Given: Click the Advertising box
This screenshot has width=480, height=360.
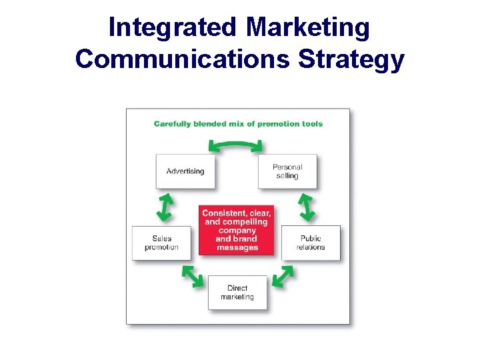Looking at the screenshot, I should tap(185, 171).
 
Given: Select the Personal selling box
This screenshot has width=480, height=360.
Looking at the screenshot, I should tap(287, 171).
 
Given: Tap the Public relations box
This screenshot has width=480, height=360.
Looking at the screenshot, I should tap(311, 243).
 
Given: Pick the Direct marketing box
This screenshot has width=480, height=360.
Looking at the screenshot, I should tap(237, 293).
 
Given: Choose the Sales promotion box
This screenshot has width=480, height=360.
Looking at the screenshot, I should tap(161, 243).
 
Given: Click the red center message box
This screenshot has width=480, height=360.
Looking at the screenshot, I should tap(237, 230).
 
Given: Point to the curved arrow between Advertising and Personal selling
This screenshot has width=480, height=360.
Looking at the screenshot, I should tap(235, 143).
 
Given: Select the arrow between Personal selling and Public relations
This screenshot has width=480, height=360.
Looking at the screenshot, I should tap(307, 207).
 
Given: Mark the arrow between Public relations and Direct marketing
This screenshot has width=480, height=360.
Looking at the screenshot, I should tap(283, 276).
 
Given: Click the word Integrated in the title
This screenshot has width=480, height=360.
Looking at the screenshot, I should tap(172, 28).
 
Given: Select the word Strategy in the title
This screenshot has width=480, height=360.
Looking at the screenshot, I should tap(351, 59).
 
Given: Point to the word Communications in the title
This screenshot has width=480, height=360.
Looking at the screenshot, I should tap(183, 59).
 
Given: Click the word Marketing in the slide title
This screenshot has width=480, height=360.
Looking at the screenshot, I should tap(307, 28).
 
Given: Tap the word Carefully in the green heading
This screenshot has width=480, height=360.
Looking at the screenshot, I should tap(173, 123).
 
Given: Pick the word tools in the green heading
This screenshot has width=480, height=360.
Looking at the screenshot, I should tap(311, 123).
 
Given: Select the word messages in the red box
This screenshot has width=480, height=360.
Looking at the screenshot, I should tap(237, 247).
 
